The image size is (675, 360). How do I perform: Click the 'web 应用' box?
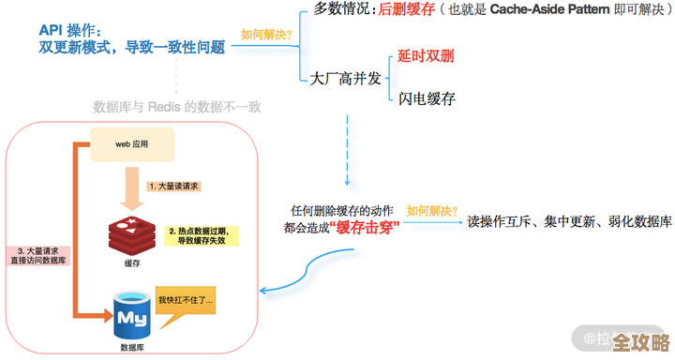coord(131,144)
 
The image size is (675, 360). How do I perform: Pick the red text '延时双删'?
coord(426,56)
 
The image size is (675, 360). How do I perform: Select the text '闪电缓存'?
coord(427,98)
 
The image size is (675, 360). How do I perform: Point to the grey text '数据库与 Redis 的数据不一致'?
coord(177,107)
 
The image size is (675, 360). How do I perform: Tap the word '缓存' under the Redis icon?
coord(133,263)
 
